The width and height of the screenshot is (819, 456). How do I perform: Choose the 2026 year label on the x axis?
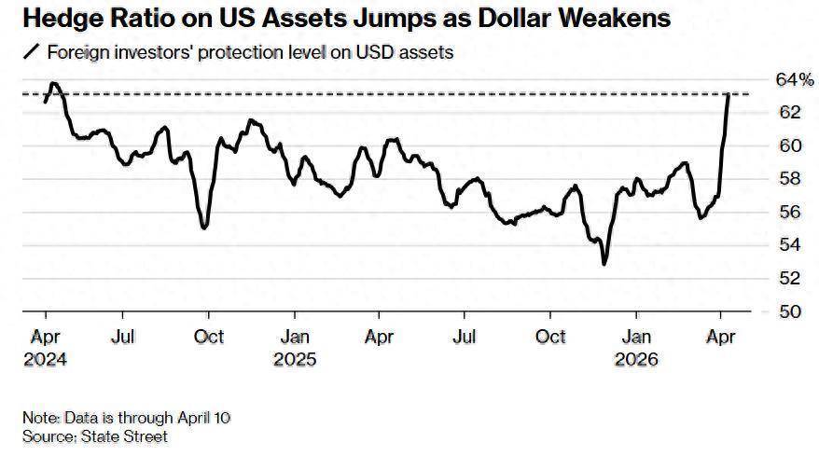pyautogui.click(x=638, y=358)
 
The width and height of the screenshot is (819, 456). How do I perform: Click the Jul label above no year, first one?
pyautogui.click(x=125, y=337)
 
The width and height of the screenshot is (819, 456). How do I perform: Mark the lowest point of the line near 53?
pyautogui.click(x=604, y=264)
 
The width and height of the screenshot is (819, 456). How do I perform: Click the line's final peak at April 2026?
pyautogui.click(x=728, y=94)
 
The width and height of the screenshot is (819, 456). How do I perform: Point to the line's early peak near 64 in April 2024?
pyautogui.click(x=53, y=84)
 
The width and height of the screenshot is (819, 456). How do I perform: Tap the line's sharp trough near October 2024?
pyautogui.click(x=204, y=227)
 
